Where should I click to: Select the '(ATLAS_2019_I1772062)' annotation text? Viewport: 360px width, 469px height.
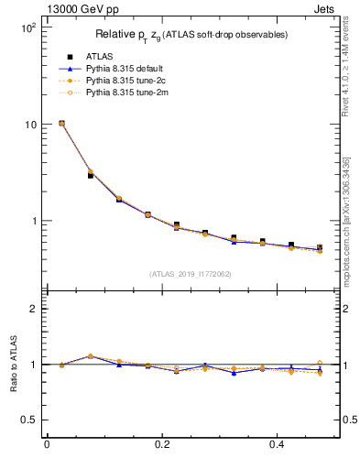(190, 274)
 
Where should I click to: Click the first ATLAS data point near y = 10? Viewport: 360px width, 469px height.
(61, 123)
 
